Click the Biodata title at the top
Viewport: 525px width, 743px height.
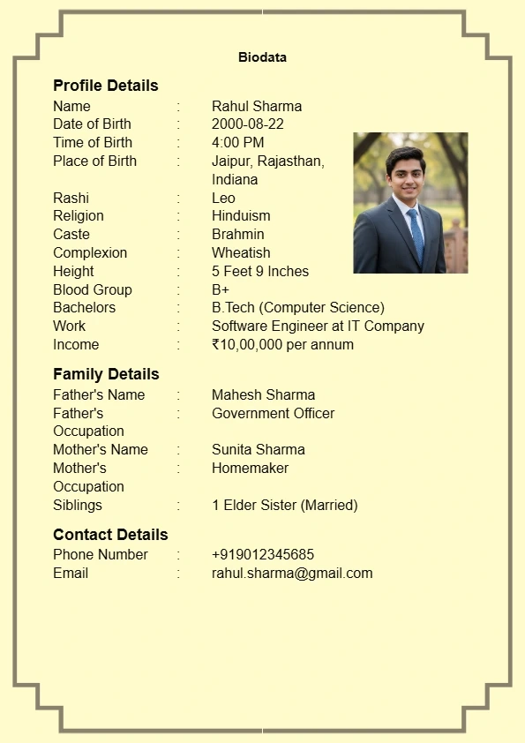tap(262, 57)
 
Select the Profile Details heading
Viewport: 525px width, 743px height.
tap(106, 86)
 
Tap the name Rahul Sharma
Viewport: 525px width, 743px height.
tap(257, 106)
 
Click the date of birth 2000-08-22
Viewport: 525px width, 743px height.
tap(248, 124)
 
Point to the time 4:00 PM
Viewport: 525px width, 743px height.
tap(237, 142)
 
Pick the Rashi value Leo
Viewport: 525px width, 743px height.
tap(223, 198)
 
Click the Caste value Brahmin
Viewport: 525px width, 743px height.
tap(238, 234)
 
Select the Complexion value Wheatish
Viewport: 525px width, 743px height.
tap(241, 252)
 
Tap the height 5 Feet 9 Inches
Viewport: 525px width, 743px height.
tap(260, 271)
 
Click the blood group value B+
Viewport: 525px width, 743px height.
tap(221, 289)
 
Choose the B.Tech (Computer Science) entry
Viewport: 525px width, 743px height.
tap(298, 307)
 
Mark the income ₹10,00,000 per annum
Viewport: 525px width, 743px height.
tap(282, 344)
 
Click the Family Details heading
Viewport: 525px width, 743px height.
tap(106, 374)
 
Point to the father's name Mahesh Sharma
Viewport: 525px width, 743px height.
tap(263, 394)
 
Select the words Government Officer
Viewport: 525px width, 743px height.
tap(273, 413)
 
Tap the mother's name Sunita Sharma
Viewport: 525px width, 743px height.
tap(259, 449)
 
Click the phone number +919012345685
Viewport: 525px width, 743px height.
tap(263, 554)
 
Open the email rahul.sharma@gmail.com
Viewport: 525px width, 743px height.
tap(292, 573)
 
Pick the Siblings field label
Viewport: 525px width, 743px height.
tap(78, 505)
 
